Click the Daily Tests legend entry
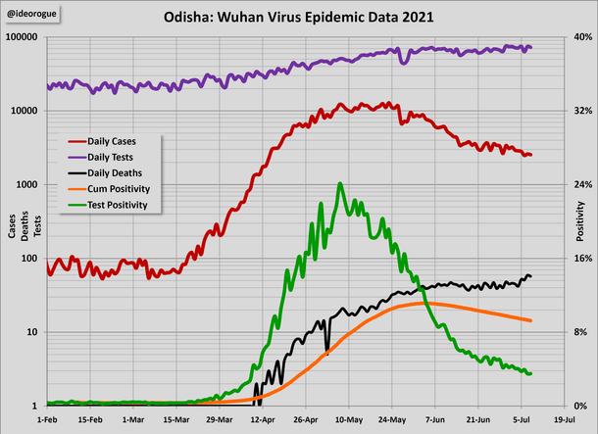point(111,157)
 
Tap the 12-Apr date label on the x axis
point(263,417)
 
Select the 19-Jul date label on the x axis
point(564,417)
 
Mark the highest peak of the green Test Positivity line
point(339,183)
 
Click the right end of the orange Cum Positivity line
point(530,320)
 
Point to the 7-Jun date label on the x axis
point(435,417)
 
